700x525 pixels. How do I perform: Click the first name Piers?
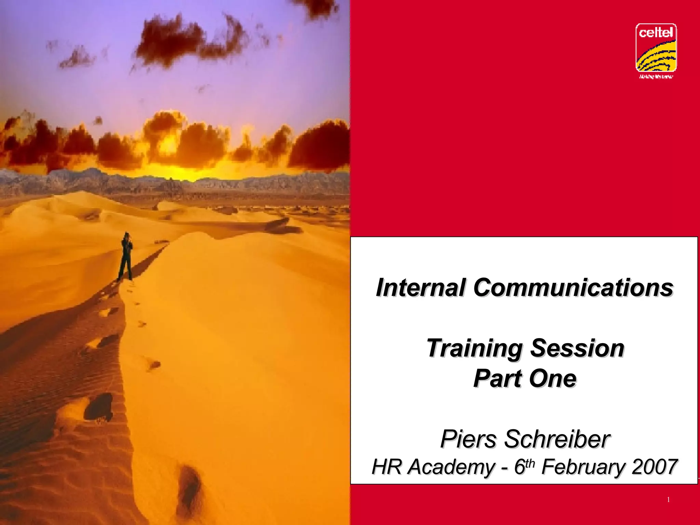[468, 439]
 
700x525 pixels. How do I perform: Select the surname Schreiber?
[557, 439]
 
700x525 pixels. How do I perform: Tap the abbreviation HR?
[386, 467]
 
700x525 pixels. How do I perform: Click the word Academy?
[451, 468]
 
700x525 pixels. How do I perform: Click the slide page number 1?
[668, 500]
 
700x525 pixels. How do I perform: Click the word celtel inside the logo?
[656, 33]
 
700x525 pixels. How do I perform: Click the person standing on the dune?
[126, 256]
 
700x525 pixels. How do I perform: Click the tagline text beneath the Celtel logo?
[656, 77]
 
